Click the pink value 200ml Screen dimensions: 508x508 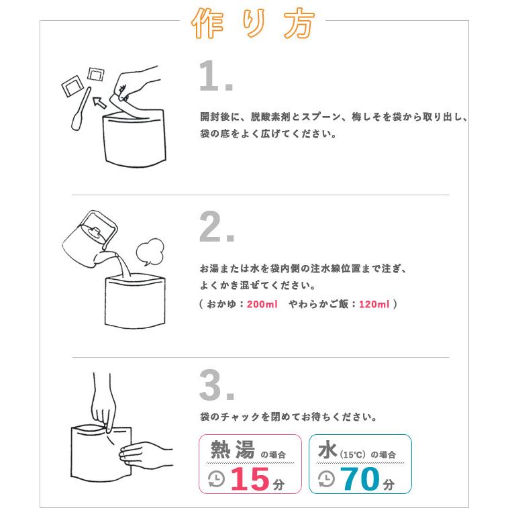point(262,304)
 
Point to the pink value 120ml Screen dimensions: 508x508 point(374,304)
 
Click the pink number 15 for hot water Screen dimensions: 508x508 point(250,479)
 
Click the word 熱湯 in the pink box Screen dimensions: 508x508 point(232,450)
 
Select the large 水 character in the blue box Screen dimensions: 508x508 point(327,450)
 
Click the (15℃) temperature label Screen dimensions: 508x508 point(353,454)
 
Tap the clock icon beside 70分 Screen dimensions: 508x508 point(325,478)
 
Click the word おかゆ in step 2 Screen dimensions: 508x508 point(225,304)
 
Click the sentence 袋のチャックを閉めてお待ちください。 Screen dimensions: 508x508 point(288,417)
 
